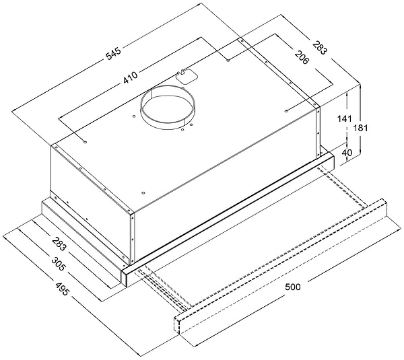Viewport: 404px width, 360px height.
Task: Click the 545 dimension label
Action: point(114,54)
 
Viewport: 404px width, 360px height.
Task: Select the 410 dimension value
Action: point(131,77)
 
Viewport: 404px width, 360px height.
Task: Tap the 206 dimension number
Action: point(302,57)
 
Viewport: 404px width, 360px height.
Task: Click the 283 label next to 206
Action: point(320,48)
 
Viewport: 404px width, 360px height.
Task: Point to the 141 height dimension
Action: point(345,118)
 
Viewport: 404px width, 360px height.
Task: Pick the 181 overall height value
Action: point(361,128)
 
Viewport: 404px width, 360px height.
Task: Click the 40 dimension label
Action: point(347,153)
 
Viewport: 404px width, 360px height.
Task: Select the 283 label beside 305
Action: point(59,244)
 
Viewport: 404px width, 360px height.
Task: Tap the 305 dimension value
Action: point(58,263)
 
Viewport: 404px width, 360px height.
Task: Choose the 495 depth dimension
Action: point(62,289)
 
